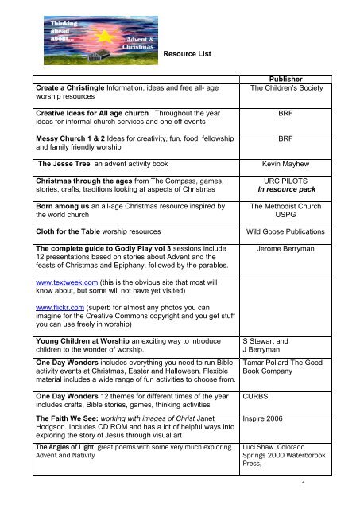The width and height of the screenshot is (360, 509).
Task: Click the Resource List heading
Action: [191, 53]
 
